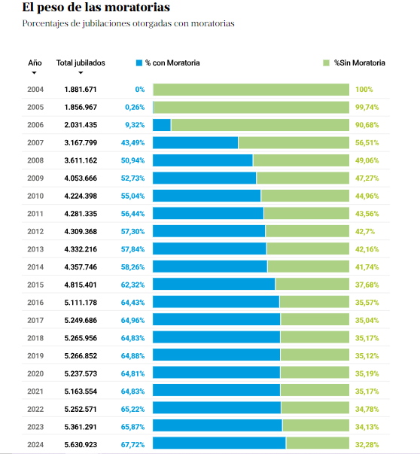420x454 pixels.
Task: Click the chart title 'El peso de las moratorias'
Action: [96, 8]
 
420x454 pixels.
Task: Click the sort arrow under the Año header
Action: [34, 73]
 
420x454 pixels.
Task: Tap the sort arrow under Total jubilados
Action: [81, 73]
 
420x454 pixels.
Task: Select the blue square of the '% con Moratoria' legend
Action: [139, 62]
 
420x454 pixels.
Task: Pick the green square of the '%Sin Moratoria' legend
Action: [326, 62]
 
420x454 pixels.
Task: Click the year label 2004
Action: [35, 90]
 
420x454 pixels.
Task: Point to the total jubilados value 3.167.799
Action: [81, 143]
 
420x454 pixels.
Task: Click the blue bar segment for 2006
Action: [162, 125]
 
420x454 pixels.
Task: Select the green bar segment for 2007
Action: [294, 143]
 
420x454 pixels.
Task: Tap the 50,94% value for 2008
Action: [132, 160]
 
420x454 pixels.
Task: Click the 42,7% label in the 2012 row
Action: [365, 232]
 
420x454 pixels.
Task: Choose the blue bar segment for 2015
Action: [214, 284]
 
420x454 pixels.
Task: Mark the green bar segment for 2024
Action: [318, 443]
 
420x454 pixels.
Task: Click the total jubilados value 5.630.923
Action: [81, 445]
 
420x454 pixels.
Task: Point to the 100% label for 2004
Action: [364, 90]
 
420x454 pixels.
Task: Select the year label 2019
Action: [35, 356]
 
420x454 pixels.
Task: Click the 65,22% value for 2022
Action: [132, 409]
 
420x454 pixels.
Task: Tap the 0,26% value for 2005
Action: [135, 108]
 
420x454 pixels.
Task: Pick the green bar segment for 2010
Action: [305, 196]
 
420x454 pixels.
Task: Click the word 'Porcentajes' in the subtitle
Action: [45, 23]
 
